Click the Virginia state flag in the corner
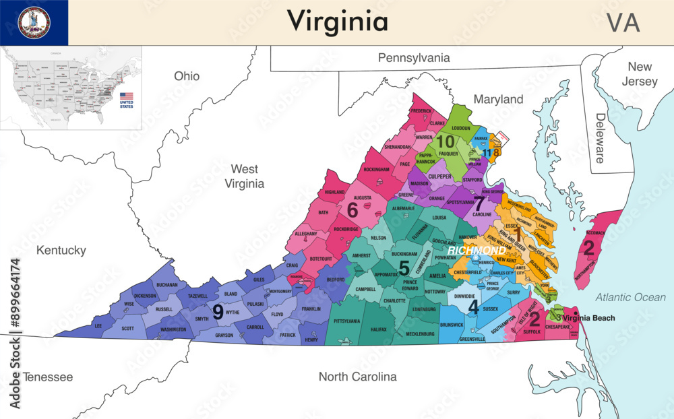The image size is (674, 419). tap(34, 23)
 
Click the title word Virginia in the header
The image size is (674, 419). tap(338, 22)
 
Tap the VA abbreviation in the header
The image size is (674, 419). tap(623, 22)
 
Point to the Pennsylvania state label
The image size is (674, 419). tap(413, 58)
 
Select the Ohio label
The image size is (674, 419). tap(187, 76)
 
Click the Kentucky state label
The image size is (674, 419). tap(61, 251)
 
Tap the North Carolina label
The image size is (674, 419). tap(357, 377)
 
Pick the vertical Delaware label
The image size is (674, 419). tap(600, 138)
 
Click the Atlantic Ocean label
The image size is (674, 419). tap(630, 297)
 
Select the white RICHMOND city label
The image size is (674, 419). tap(481, 251)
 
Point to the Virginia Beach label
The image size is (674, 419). tap(588, 318)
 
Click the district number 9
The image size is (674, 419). tap(218, 312)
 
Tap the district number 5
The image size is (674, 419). tap(404, 268)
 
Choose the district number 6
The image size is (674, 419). tap(352, 210)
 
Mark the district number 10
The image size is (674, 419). tap(445, 141)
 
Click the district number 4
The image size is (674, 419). tap(473, 307)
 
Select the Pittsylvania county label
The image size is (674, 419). tap(346, 321)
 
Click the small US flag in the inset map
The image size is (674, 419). tap(126, 96)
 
